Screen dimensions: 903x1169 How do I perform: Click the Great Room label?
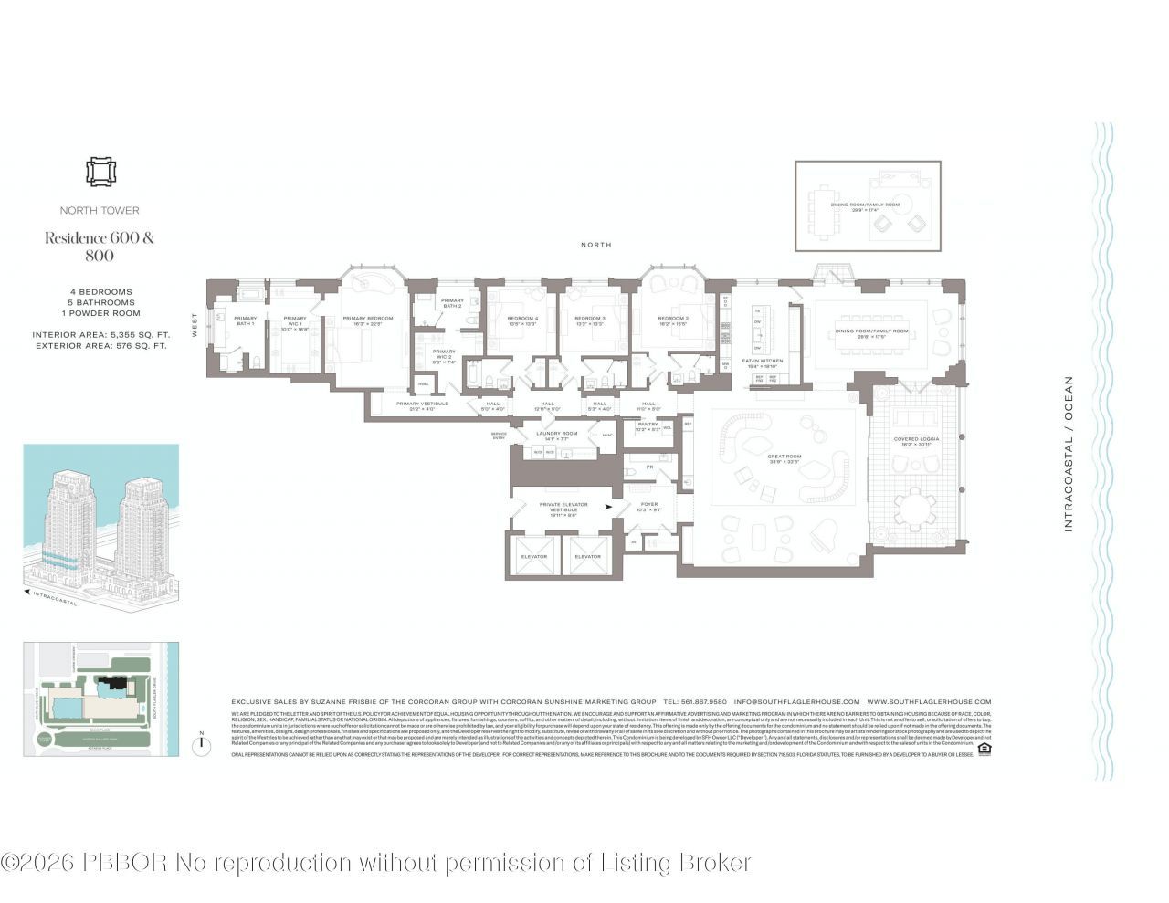click(783, 458)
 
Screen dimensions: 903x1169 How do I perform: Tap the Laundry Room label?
click(556, 436)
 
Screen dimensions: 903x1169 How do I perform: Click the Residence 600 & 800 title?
click(100, 247)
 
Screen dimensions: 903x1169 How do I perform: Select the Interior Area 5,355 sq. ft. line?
click(100, 335)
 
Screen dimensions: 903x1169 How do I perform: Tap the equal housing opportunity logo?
click(984, 750)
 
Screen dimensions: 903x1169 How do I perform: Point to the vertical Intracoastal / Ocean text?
click(1069, 454)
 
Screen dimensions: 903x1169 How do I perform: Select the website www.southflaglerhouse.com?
click(929, 702)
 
